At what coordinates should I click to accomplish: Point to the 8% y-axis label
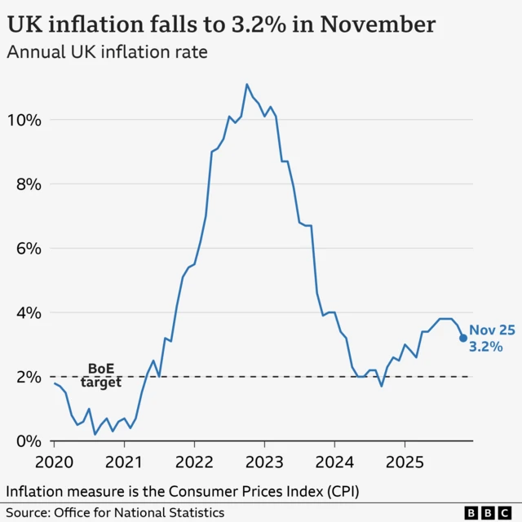tap(26, 184)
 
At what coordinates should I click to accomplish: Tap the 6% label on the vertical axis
tap(26, 248)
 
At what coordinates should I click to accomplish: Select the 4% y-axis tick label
tap(26, 312)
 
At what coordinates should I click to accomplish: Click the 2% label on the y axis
tap(26, 377)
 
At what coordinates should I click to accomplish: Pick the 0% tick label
tap(26, 441)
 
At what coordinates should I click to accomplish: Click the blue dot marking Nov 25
tap(463, 338)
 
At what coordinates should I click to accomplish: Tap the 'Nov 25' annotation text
tap(492, 330)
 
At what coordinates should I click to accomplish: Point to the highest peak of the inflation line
tap(246, 84)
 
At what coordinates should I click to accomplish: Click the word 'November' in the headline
tap(377, 24)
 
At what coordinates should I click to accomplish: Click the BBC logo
tap(489, 512)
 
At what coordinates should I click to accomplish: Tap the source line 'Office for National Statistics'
tap(139, 512)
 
